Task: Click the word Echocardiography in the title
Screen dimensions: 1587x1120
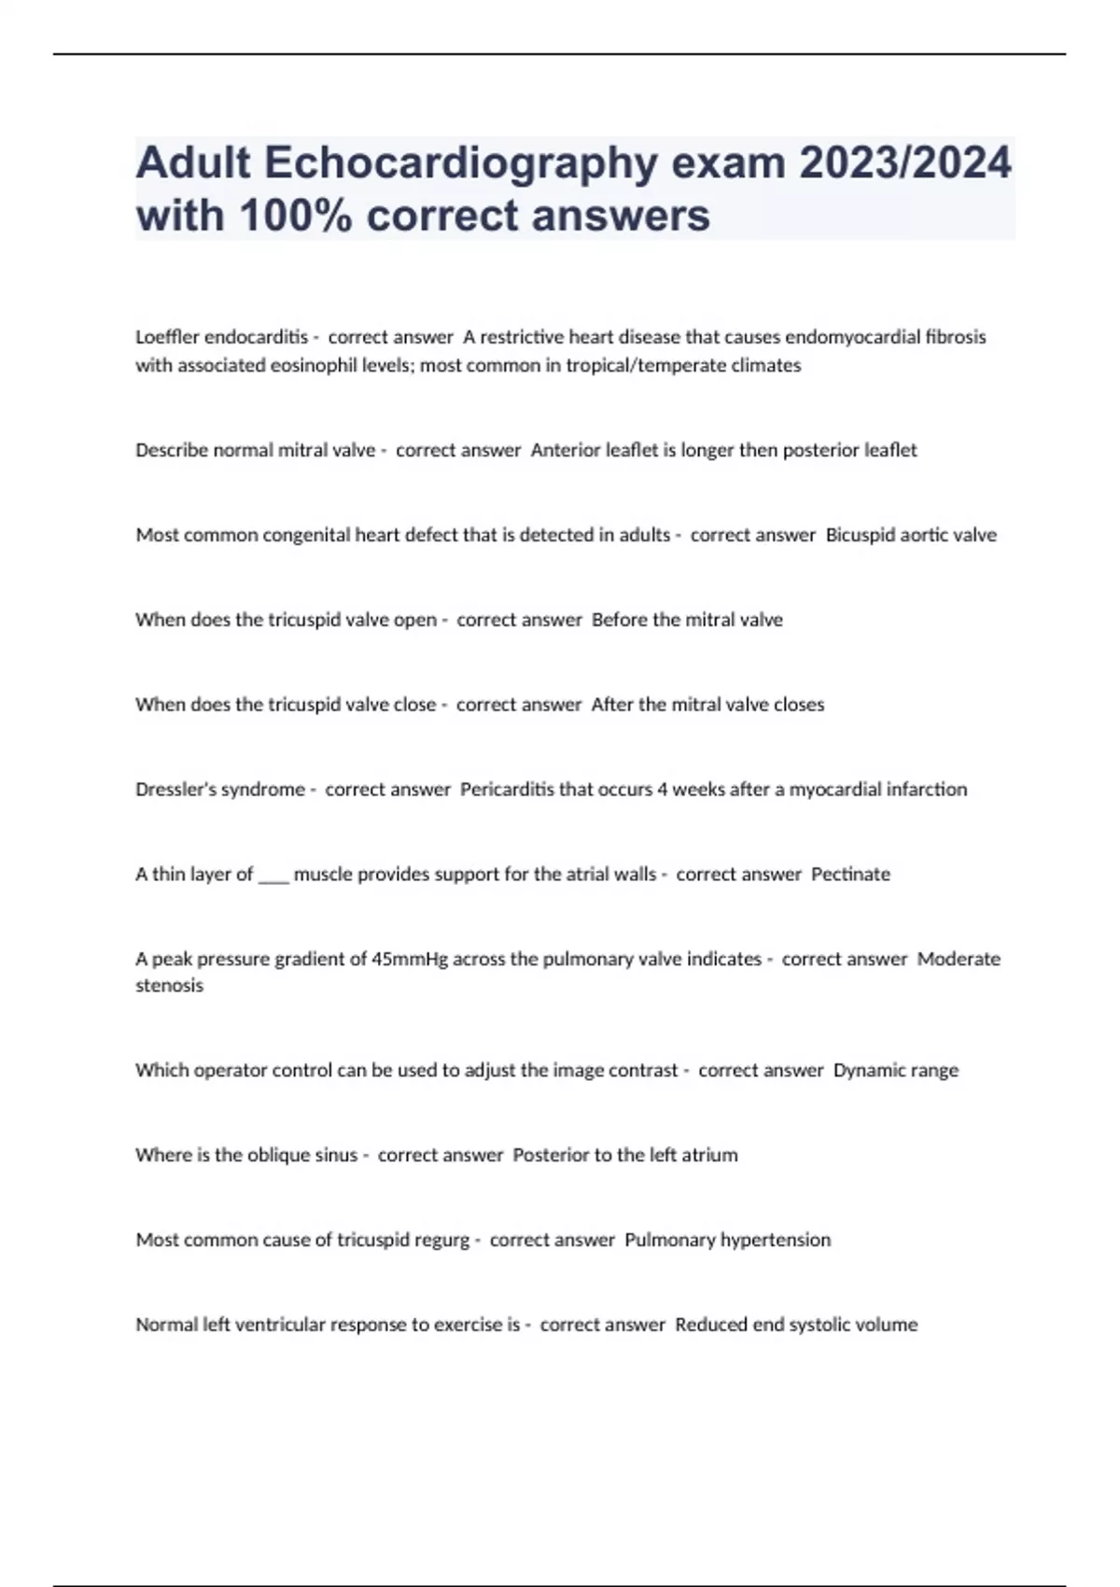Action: [460, 163]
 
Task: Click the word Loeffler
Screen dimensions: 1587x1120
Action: [168, 337]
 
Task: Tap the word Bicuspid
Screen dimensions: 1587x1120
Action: [860, 536]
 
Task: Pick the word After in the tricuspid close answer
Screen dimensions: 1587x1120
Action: [611, 705]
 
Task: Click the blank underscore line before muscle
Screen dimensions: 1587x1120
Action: [273, 876]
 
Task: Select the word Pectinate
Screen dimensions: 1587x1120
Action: [850, 875]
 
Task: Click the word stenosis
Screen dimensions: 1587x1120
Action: [169, 986]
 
